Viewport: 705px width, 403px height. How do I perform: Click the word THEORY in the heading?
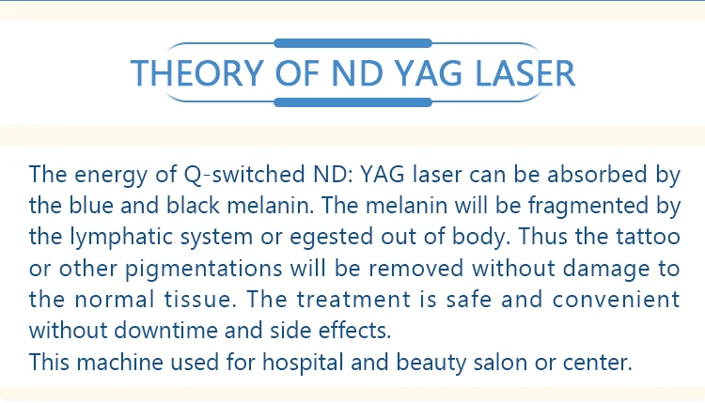(197, 72)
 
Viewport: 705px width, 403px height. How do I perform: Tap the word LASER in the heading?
(525, 72)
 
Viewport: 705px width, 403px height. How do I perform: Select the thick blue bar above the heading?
(352, 43)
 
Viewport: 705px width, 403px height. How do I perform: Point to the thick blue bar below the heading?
(352, 102)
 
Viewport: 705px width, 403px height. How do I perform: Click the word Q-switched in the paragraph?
(244, 175)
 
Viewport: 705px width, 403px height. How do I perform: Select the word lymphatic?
(121, 237)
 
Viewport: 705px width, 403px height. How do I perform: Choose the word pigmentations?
(203, 269)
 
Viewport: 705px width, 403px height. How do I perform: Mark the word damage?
(606, 269)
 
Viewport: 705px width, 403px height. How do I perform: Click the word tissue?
(200, 300)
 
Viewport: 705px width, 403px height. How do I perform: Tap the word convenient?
(616, 300)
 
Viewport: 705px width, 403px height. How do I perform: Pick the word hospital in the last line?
(303, 362)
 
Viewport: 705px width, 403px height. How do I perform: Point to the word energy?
(111, 176)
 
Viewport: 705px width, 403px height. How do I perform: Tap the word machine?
(119, 362)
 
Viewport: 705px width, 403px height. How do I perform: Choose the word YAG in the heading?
(429, 72)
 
